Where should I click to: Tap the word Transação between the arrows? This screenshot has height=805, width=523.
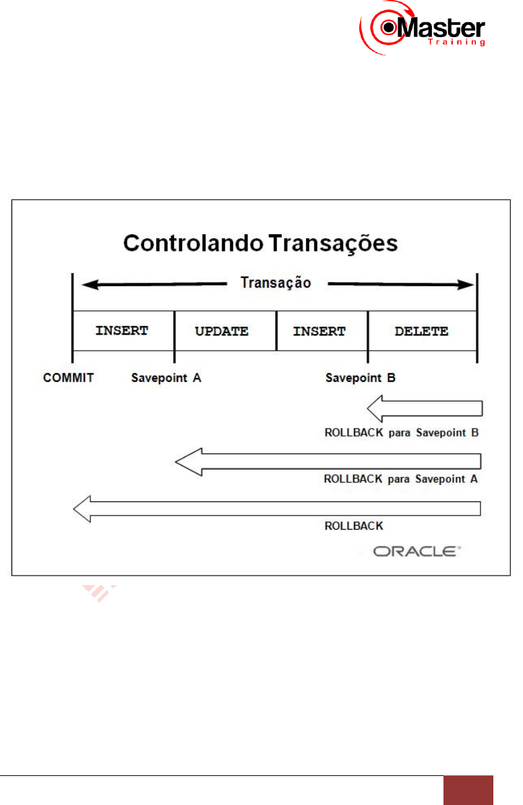[x=276, y=283]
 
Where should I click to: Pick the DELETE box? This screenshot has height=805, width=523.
[x=422, y=331]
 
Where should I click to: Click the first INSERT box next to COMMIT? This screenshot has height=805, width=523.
[x=122, y=331]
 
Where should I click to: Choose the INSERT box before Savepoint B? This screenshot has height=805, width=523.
[x=321, y=331]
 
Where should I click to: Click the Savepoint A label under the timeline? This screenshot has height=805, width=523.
[x=166, y=378]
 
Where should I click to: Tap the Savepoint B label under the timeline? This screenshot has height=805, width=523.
[x=361, y=378]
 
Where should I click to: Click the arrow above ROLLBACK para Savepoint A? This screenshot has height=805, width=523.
[x=329, y=462]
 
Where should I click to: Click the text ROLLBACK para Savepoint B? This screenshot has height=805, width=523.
[x=401, y=433]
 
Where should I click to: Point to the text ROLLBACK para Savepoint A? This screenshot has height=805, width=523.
[x=401, y=479]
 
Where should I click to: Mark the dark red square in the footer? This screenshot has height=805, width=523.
[x=468, y=790]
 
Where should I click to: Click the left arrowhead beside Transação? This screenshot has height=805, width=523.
[x=86, y=285]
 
